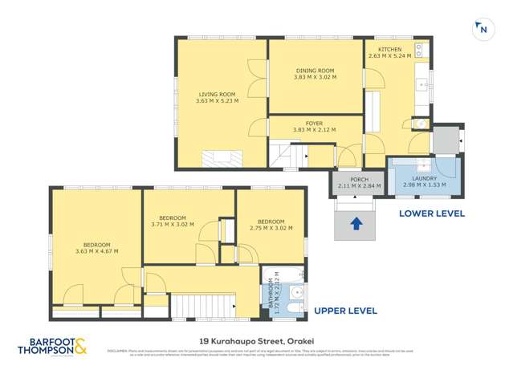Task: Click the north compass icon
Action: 482,29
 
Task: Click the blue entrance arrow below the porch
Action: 356,224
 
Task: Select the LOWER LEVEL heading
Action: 431,213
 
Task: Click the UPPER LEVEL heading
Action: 344,311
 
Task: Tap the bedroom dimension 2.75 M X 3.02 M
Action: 271,226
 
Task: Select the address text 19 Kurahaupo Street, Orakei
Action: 256,339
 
